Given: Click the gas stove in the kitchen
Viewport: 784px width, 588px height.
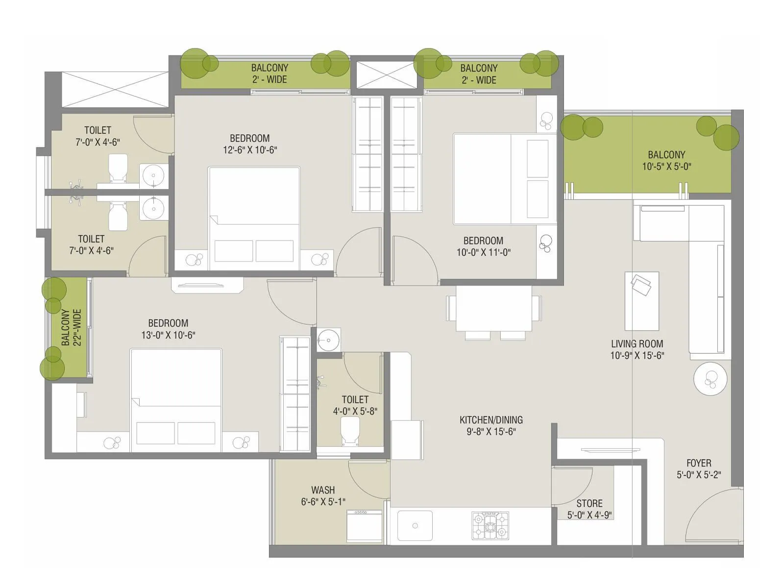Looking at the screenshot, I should (x=490, y=526).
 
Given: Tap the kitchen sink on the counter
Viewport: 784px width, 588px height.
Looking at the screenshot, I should (x=415, y=526).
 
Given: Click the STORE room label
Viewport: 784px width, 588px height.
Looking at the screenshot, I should (x=589, y=504).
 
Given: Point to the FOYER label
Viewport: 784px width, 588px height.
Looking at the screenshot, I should (x=699, y=463).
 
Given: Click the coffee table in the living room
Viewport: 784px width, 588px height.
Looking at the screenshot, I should (x=641, y=301).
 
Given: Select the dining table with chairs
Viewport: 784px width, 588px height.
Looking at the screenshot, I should (x=493, y=309).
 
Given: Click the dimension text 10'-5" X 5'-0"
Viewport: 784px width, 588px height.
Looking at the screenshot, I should (x=666, y=167).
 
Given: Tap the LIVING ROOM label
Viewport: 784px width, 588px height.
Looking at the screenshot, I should (x=637, y=344).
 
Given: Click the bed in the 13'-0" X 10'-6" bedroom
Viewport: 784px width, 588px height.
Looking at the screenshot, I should (x=175, y=399).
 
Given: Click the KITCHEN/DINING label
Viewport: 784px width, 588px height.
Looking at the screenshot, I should (x=491, y=420).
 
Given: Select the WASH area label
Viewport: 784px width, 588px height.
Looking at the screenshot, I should (x=323, y=490).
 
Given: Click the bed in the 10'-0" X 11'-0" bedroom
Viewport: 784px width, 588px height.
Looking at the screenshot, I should (x=505, y=179).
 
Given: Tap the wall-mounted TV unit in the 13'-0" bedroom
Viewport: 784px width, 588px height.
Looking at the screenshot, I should (x=207, y=285).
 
